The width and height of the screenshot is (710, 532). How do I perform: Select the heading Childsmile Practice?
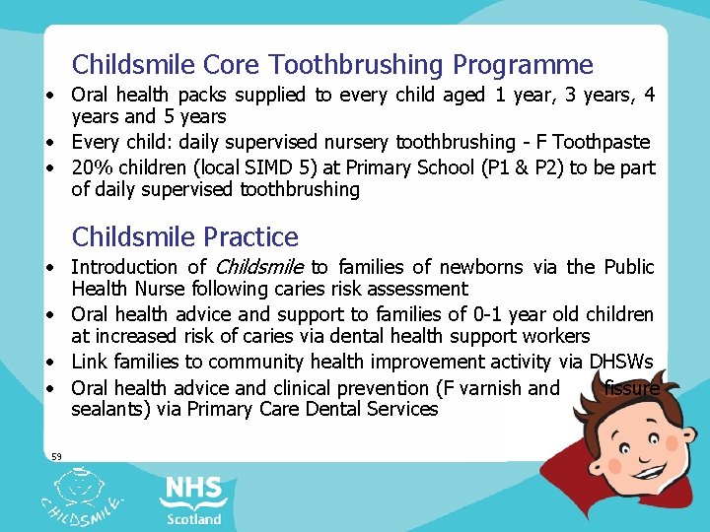point(185,237)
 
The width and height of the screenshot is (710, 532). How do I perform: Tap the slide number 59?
point(56,455)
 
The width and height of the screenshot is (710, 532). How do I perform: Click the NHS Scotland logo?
point(193,499)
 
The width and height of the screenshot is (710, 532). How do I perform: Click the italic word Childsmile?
point(259,267)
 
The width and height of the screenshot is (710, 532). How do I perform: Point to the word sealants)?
point(109,409)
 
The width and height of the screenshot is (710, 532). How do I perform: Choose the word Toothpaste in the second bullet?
point(603,143)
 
